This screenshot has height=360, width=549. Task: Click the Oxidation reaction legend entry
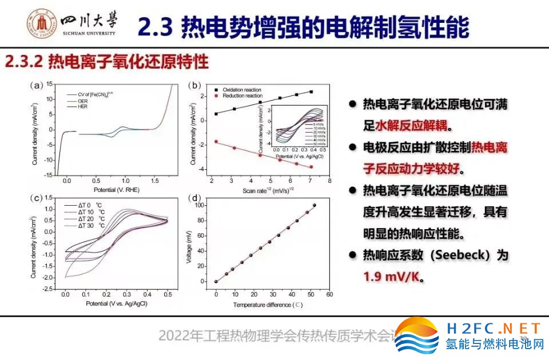241,90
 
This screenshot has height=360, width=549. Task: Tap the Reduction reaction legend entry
240,96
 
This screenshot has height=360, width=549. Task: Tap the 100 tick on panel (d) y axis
198,205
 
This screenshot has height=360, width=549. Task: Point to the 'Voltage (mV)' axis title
189,246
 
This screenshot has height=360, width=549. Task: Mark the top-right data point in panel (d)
314,205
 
